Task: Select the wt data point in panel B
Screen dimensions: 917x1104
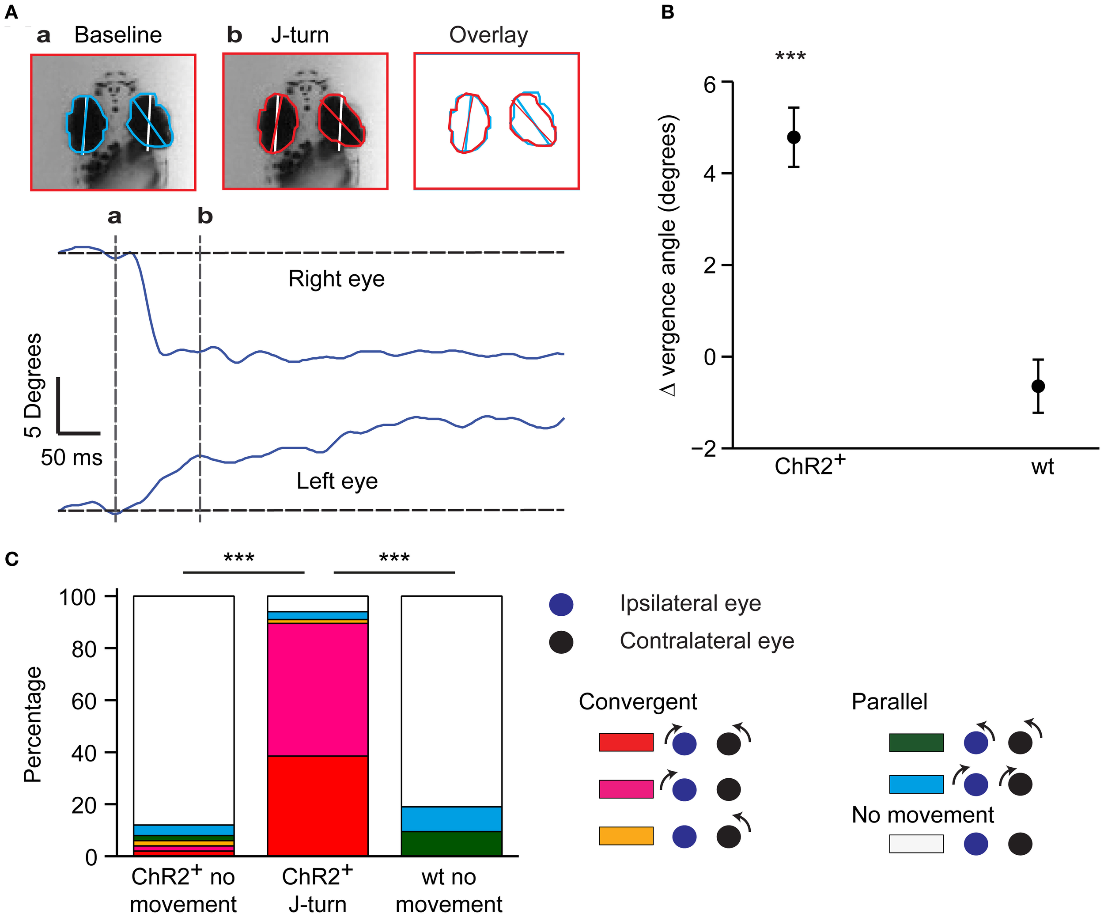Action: point(1038,386)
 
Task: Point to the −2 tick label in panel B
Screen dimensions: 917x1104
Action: point(704,448)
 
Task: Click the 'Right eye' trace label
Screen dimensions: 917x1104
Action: point(336,279)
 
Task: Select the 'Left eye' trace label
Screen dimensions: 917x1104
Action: point(337,481)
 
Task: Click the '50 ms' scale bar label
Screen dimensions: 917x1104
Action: point(72,458)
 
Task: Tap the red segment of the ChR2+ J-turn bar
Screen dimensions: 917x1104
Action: point(318,805)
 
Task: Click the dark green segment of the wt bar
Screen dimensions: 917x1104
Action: point(451,843)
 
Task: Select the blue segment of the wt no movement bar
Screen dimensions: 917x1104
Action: point(451,818)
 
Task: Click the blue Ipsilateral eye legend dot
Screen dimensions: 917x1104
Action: point(561,605)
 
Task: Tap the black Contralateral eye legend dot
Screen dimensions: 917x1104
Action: point(561,642)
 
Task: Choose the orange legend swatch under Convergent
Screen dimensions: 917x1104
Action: point(626,835)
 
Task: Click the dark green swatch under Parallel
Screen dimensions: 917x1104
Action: point(916,743)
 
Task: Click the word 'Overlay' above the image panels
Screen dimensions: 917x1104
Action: point(488,35)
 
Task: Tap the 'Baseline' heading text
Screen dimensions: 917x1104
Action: point(118,35)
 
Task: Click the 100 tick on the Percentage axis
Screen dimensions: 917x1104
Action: point(78,597)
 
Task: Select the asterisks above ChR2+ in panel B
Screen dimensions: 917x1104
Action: point(790,56)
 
